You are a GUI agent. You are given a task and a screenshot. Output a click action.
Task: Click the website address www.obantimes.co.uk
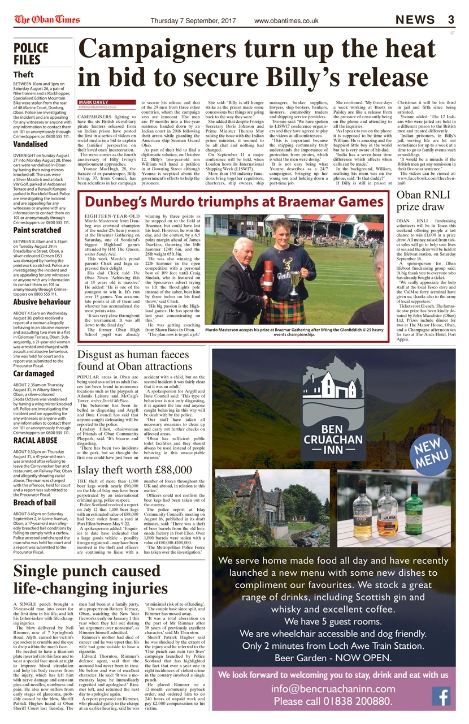point(286,21)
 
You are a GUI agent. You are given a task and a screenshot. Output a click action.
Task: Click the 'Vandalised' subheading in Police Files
point(31,144)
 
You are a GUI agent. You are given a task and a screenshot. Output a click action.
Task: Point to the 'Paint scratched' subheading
point(37,230)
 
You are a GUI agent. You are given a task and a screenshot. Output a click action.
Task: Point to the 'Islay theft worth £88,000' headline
point(134,470)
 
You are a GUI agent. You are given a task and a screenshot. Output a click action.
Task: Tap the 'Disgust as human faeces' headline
point(134,355)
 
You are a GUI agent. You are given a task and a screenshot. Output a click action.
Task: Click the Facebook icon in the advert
point(440,696)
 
